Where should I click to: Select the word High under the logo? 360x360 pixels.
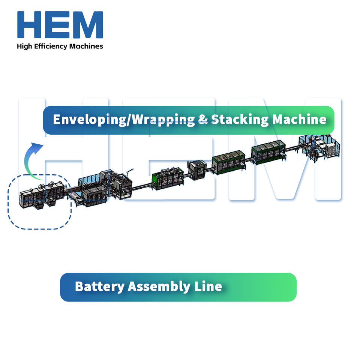pyautogui.click(x=24, y=46)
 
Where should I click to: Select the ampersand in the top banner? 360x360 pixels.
pyautogui.click(x=202, y=120)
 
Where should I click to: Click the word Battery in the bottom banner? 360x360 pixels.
pyautogui.click(x=99, y=287)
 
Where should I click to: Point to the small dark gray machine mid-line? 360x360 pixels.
pyautogui.click(x=197, y=170)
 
